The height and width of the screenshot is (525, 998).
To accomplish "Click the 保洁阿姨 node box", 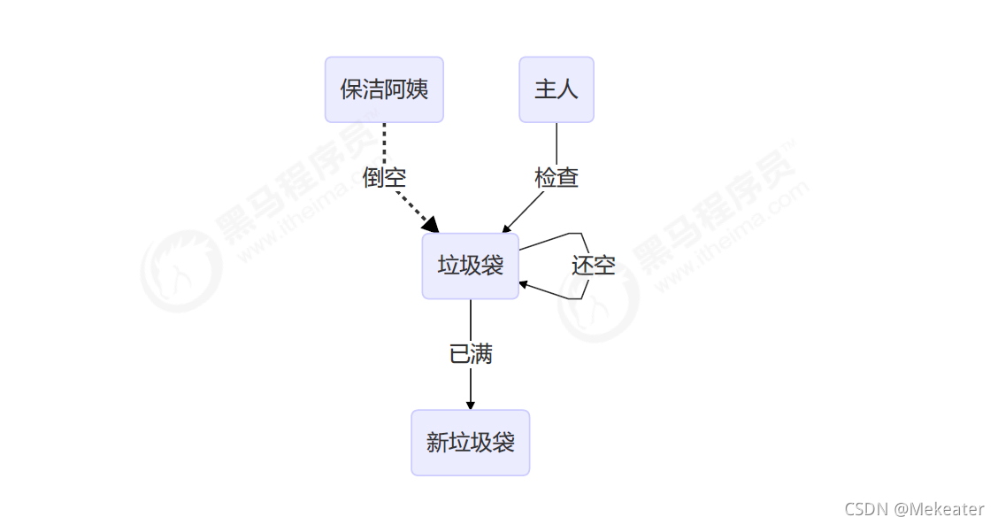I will click(383, 89).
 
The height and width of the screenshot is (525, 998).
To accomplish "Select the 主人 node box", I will click(556, 89).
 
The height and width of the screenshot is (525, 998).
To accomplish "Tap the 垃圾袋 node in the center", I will click(470, 266).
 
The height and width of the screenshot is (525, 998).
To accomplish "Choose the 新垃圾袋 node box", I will click(470, 442).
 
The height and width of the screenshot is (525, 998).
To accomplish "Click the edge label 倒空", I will click(384, 177).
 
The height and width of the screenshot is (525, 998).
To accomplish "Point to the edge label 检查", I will click(557, 177).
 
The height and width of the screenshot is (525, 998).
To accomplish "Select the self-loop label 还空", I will click(593, 265).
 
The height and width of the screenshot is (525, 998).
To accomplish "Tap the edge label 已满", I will click(471, 354).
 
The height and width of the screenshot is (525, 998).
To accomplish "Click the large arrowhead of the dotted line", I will click(431, 225).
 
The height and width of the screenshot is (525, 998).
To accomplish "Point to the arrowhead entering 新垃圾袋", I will click(471, 405).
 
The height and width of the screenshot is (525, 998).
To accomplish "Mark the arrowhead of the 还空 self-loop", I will click(524, 284).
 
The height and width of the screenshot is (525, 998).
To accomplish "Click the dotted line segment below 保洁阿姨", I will click(384, 142).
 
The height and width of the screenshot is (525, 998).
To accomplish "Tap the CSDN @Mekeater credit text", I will click(914, 509).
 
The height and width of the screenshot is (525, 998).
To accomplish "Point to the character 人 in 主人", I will click(567, 89).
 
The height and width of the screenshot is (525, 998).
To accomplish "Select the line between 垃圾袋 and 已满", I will click(471, 319).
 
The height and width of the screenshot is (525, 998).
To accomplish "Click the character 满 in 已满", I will click(481, 354).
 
